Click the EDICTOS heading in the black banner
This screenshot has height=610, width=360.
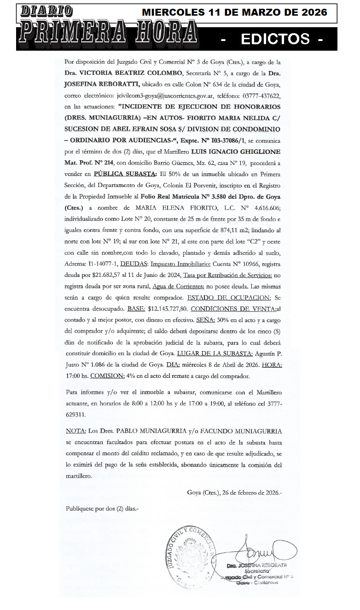coord(275,39)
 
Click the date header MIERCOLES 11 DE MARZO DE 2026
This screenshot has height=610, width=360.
coord(234,12)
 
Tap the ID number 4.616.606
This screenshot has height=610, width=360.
coord(264,208)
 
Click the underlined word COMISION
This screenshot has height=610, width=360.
coord(107,376)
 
